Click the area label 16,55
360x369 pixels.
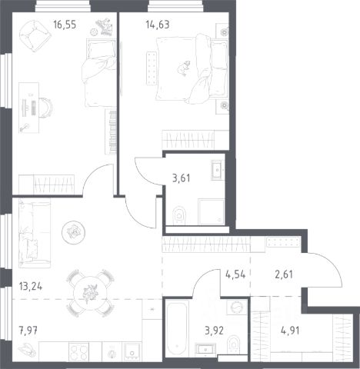(65, 25)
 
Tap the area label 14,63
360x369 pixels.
(158, 25)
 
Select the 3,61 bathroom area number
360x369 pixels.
(182, 178)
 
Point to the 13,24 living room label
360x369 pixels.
(31, 286)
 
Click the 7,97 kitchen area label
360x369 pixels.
(28, 330)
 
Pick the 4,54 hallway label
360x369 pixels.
(235, 274)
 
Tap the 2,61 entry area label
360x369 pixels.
(284, 274)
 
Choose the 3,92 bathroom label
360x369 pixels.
(215, 331)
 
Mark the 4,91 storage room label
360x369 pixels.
(290, 331)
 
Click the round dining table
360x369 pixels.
(89, 294)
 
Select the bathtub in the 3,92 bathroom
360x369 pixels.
(177, 328)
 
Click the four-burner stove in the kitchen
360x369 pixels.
(79, 351)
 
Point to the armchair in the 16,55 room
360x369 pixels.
(35, 36)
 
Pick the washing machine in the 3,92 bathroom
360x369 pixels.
(236, 307)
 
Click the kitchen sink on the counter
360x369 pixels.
(132, 352)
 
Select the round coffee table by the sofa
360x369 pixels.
(74, 232)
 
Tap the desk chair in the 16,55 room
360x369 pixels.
(46, 108)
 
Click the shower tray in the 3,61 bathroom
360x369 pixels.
(212, 211)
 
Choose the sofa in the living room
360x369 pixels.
(35, 234)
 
